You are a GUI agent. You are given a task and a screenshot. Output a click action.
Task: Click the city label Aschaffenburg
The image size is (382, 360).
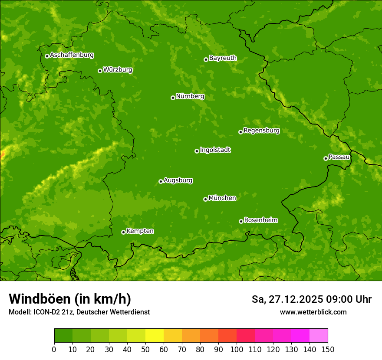tap(72, 55)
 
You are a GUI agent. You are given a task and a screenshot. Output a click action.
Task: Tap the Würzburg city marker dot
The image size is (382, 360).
tap(100, 71)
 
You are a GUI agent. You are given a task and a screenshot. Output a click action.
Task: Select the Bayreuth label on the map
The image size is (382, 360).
tap(223, 58)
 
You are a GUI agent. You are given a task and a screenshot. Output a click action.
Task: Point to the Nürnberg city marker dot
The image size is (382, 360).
tap(173, 98)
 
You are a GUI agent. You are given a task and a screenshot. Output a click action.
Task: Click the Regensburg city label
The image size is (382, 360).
tap(261, 131)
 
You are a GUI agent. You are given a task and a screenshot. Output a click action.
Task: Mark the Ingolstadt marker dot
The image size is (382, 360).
tap(197, 151)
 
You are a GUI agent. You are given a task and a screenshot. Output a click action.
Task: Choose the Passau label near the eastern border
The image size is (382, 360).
tap(339, 157)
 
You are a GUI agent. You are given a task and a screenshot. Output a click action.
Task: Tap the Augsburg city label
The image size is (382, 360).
tap(178, 180)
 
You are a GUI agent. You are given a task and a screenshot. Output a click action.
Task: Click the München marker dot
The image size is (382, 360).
tap(205, 199)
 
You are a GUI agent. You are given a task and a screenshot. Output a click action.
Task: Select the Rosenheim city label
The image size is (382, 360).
tap(260, 220)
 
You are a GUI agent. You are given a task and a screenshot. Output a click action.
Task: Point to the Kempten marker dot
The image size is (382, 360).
tap(123, 232)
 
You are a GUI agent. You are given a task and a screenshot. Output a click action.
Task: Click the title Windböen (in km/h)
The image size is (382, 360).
tap(70, 299)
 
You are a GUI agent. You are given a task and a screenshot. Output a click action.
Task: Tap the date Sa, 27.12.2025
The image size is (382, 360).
tap(287, 299)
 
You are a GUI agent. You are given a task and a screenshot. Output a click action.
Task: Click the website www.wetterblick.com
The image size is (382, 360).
tap(313, 312)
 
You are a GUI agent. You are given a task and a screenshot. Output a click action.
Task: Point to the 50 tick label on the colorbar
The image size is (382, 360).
tap(145, 349)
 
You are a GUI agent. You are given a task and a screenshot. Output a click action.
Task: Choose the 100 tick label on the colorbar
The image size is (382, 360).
tap(237, 349)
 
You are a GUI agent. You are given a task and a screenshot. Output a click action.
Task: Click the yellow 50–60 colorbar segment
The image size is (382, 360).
tap(155, 336)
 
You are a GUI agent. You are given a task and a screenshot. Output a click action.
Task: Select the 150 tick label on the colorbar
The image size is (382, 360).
tap(328, 349)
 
